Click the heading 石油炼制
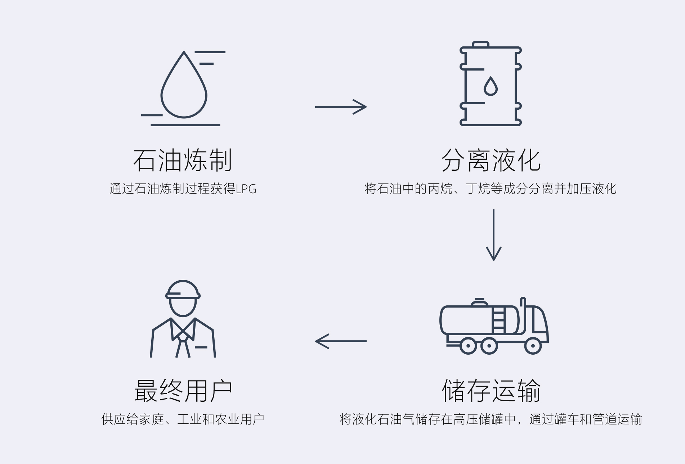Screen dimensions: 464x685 point(183,160)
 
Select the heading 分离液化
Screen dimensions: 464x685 point(491,160)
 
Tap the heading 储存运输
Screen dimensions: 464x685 point(491,390)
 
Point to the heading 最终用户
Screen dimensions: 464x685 point(183,390)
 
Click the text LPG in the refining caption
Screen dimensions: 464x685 point(246,189)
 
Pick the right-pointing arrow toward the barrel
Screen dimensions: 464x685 point(341,107)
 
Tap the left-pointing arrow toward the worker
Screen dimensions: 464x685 point(341,341)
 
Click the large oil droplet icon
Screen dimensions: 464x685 point(184,88)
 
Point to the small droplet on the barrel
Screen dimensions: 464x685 point(490,87)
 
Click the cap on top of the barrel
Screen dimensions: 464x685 point(480,45)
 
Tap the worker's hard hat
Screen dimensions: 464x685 point(183,290)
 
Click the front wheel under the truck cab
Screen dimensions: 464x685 point(533,346)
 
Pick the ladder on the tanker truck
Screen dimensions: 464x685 point(498,320)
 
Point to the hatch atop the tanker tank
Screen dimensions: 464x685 point(479,302)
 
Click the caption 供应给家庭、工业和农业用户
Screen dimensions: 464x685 point(183,419)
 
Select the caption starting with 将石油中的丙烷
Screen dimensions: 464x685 point(491,189)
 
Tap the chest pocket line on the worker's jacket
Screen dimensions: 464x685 point(201,347)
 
